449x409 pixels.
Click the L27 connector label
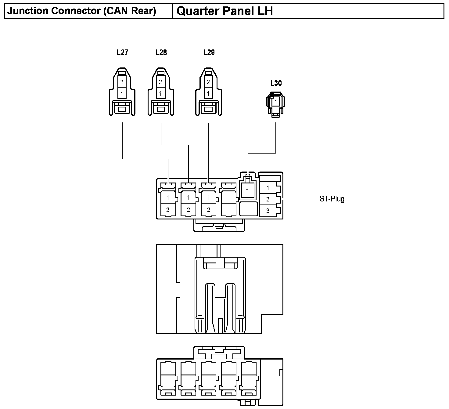[122, 52]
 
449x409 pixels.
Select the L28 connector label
[161, 52]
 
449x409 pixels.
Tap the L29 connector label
[209, 52]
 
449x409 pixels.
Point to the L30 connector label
[276, 83]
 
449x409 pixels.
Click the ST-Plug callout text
[332, 199]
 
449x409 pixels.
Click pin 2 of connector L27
[122, 82]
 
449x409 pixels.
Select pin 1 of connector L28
[160, 93]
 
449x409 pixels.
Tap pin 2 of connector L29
[208, 82]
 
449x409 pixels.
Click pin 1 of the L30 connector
[276, 102]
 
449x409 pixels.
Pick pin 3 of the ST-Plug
[268, 211]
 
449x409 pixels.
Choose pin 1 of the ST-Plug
[268, 188]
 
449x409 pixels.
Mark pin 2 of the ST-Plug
[268, 199]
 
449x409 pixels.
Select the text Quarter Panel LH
[224, 11]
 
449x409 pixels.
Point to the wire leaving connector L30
[276, 137]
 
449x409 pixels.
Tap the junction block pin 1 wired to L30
[248, 191]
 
